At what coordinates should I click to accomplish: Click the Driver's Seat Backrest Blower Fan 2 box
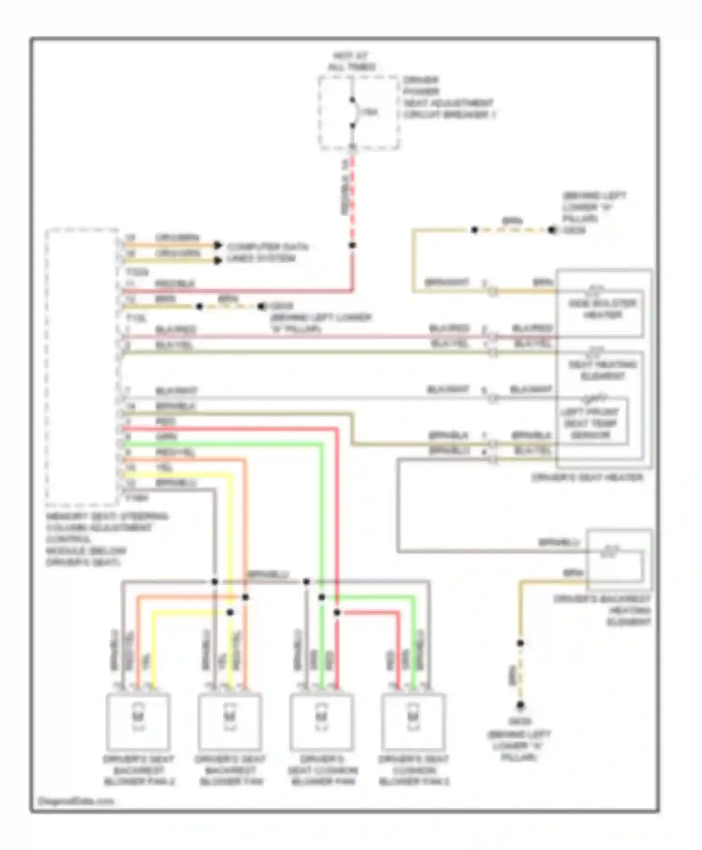(138, 722)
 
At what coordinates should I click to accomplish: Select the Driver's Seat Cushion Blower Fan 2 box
(413, 722)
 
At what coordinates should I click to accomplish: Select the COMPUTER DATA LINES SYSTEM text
(267, 253)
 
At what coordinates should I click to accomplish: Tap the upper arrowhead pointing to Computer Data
(218, 245)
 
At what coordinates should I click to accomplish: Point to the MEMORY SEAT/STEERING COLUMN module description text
(107, 539)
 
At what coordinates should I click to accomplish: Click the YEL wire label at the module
(164, 468)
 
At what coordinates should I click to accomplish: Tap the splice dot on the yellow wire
(230, 612)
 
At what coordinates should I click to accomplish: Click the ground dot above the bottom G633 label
(520, 705)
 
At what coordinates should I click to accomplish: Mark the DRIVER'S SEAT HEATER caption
(587, 477)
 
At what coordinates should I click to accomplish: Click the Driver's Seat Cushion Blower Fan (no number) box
(322, 722)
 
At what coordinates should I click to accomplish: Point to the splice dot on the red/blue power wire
(352, 245)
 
